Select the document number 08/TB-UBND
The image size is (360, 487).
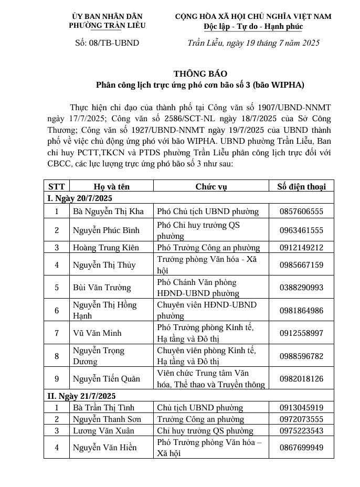tap(108, 43)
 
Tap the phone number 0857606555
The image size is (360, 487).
tap(301, 211)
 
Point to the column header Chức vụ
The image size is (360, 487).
tap(211, 186)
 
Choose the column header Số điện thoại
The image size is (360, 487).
tap(301, 186)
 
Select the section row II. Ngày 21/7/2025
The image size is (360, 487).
tap(81, 396)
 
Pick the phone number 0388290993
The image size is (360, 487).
tap(301, 288)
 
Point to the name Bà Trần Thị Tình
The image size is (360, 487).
tap(104, 407)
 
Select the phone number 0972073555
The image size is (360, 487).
tap(301, 419)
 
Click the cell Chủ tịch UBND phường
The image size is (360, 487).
tap(200, 407)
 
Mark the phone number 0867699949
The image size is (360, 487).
tap(301, 447)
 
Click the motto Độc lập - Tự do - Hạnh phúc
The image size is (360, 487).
tap(253, 26)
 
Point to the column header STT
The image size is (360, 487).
tap(56, 186)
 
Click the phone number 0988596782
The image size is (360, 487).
tap(301, 356)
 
